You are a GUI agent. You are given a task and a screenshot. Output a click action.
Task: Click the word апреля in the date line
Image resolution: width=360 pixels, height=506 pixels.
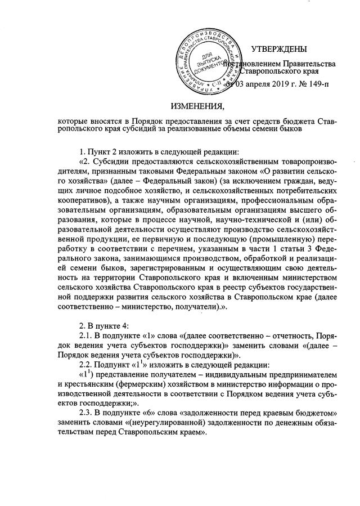pyautogui.click(x=255, y=85)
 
